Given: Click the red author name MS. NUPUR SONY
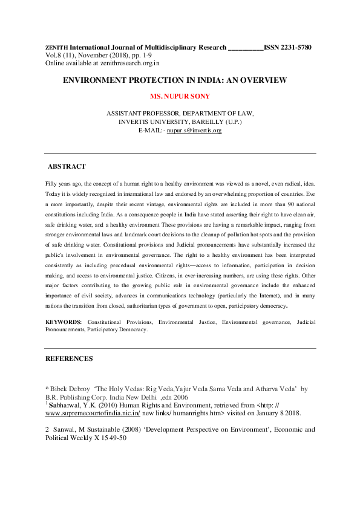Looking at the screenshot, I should [x=180, y=96].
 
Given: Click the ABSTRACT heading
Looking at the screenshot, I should [x=67, y=166].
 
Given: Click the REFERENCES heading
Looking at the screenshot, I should [x=69, y=358].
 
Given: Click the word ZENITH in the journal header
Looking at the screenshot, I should [x=57, y=47].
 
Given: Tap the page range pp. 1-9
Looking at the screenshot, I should [x=121, y=55].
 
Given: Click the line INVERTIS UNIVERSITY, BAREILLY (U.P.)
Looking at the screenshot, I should [x=180, y=122].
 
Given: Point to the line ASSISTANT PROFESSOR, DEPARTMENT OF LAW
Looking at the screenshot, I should [x=180, y=113].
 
